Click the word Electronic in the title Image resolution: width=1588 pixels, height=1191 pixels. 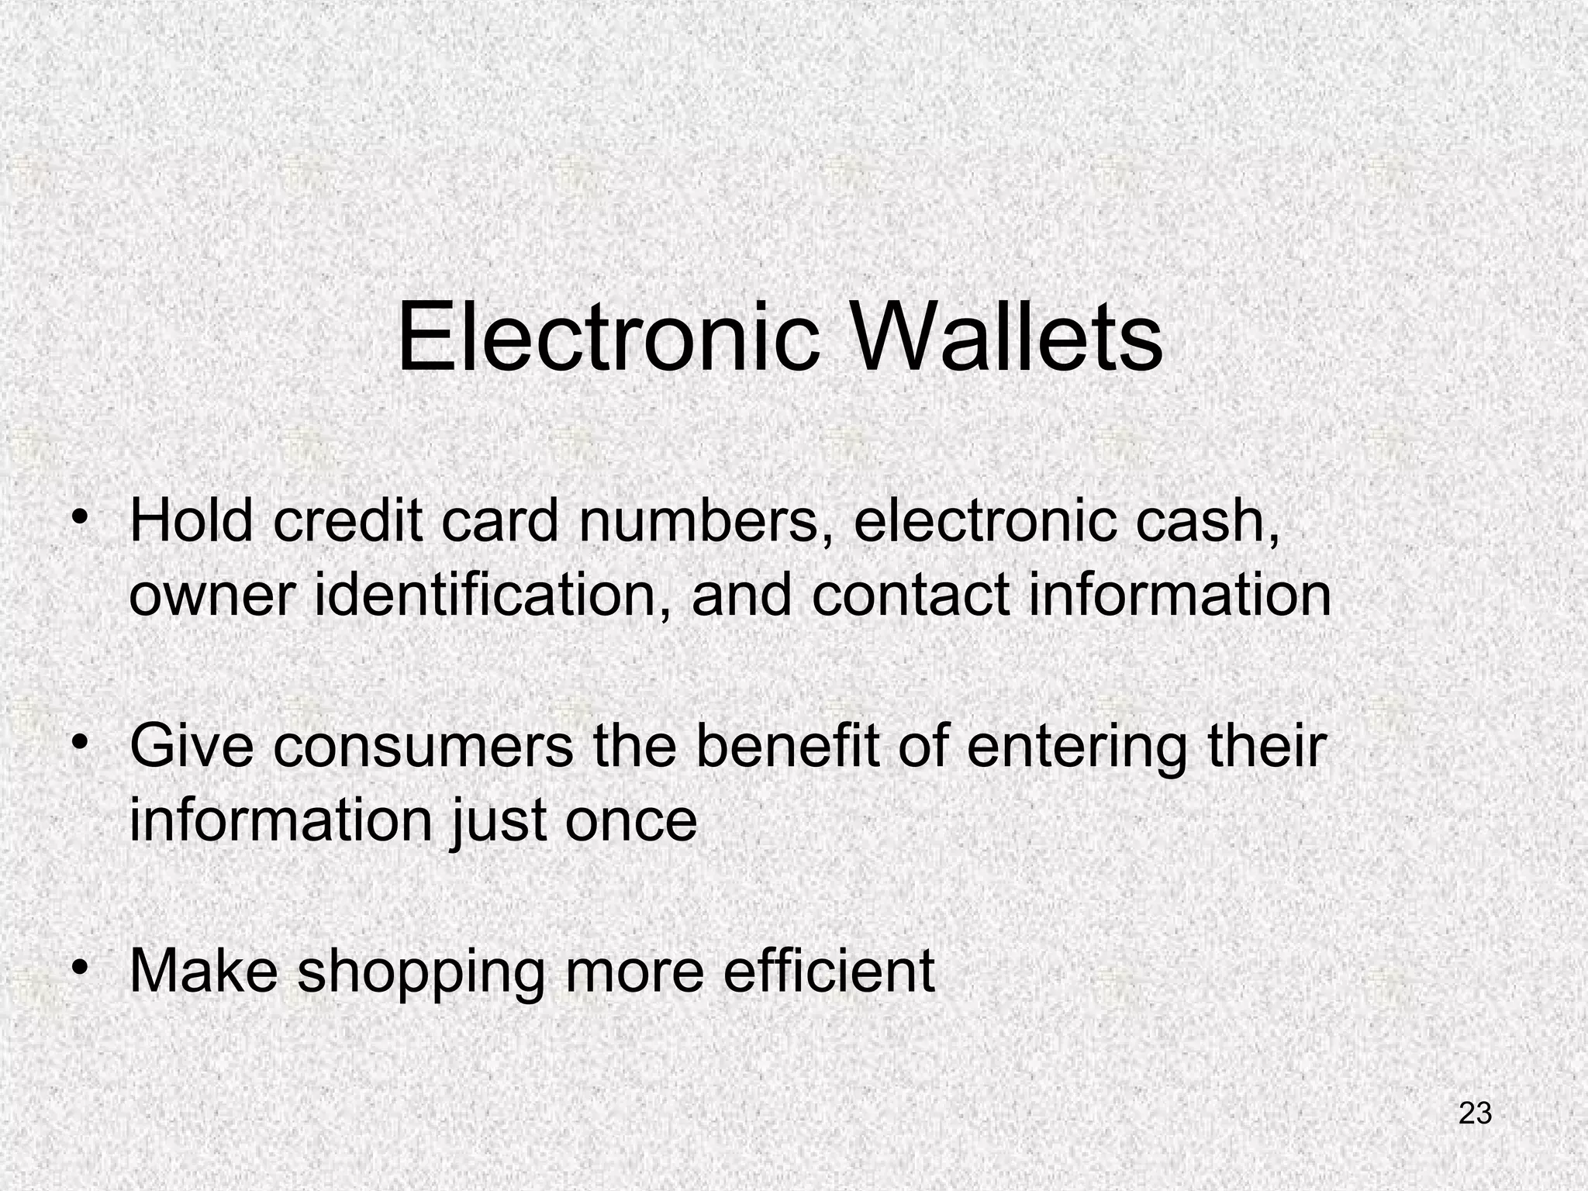tap(608, 339)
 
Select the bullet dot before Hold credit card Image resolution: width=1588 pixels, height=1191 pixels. tap(78, 517)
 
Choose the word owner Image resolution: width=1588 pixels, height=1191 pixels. tap(212, 597)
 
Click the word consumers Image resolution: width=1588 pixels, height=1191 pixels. tap(423, 747)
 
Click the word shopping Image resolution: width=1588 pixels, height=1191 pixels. tap(422, 973)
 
